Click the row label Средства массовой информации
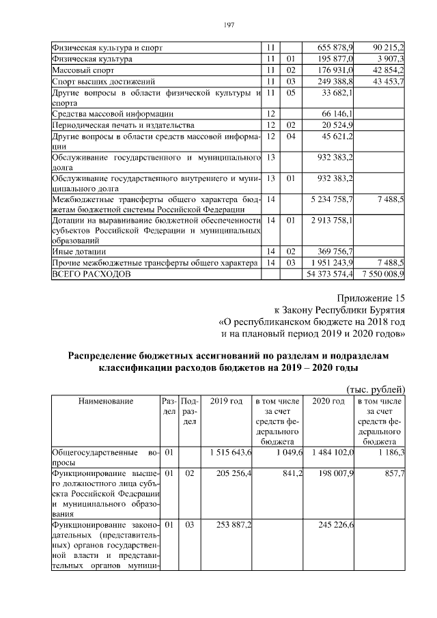(x=112, y=114)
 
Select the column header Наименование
(x=105, y=401)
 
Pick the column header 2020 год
(x=328, y=401)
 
